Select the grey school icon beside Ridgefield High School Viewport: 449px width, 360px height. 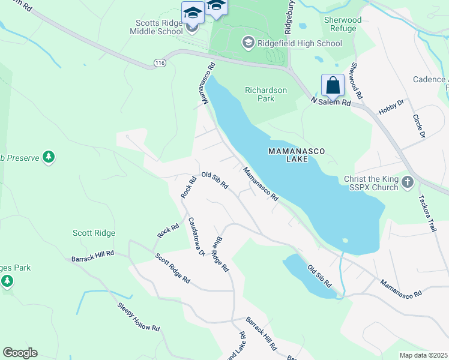coord(248,43)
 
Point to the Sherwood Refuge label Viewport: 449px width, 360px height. coord(343,24)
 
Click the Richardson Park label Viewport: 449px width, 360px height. coord(266,94)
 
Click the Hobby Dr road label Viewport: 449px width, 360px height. coord(391,107)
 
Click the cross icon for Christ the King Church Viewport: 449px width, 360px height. coord(407,181)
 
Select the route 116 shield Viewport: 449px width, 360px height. coord(158,62)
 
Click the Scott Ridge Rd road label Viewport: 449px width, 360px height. coord(172,269)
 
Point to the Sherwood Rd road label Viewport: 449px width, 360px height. coord(358,81)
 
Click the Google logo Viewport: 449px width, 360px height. coord(20,353)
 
